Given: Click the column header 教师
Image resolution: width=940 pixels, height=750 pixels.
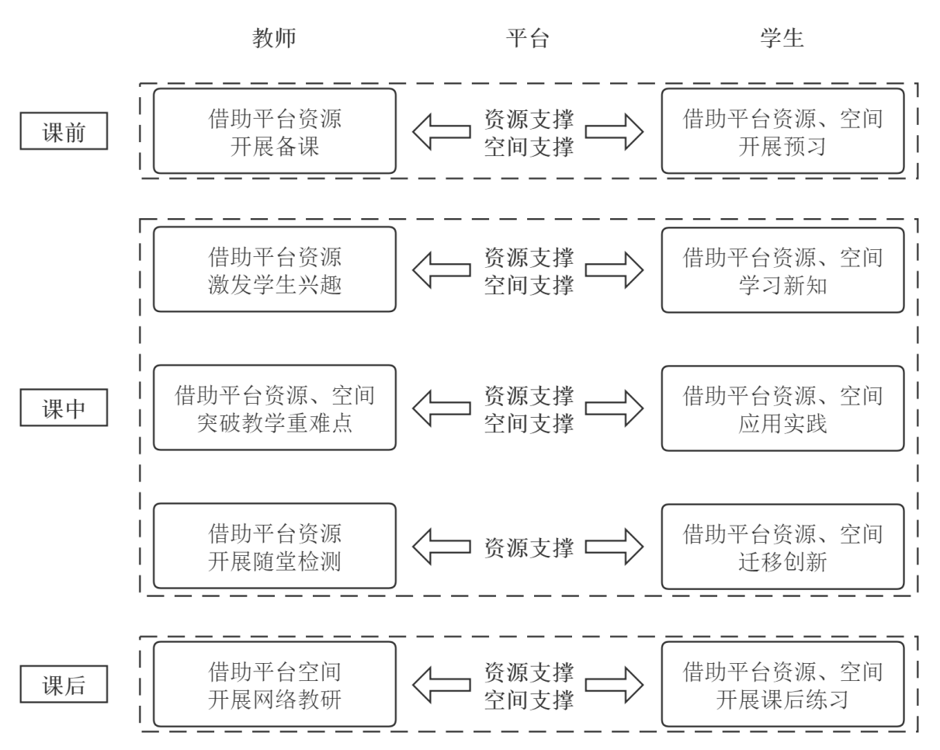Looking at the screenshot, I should [274, 39].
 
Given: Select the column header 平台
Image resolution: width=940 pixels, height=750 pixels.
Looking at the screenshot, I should [528, 39].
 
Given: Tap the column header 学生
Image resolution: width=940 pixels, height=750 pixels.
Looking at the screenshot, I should [782, 39].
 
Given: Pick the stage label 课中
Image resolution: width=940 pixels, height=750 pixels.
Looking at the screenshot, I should [64, 409].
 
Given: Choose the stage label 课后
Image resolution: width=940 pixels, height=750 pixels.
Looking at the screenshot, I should [64, 686].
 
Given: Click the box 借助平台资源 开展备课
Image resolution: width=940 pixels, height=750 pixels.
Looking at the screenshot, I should [274, 131].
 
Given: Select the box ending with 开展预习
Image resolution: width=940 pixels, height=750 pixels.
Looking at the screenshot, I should [782, 131].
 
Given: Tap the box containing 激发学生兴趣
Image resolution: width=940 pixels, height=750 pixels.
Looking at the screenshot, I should [274, 269].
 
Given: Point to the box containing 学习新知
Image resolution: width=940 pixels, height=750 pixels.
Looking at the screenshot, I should [782, 269].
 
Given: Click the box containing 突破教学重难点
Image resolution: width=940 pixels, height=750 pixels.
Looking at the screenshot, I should [274, 408].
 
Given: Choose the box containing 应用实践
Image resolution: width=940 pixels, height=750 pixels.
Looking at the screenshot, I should [782, 408].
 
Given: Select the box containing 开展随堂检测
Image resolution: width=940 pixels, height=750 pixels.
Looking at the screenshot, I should [274, 546].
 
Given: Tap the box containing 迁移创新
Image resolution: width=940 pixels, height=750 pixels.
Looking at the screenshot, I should [782, 546].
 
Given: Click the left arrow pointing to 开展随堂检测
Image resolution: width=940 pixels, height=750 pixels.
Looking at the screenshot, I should [440, 547].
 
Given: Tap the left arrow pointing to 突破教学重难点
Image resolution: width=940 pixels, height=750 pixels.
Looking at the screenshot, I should [440, 409].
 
